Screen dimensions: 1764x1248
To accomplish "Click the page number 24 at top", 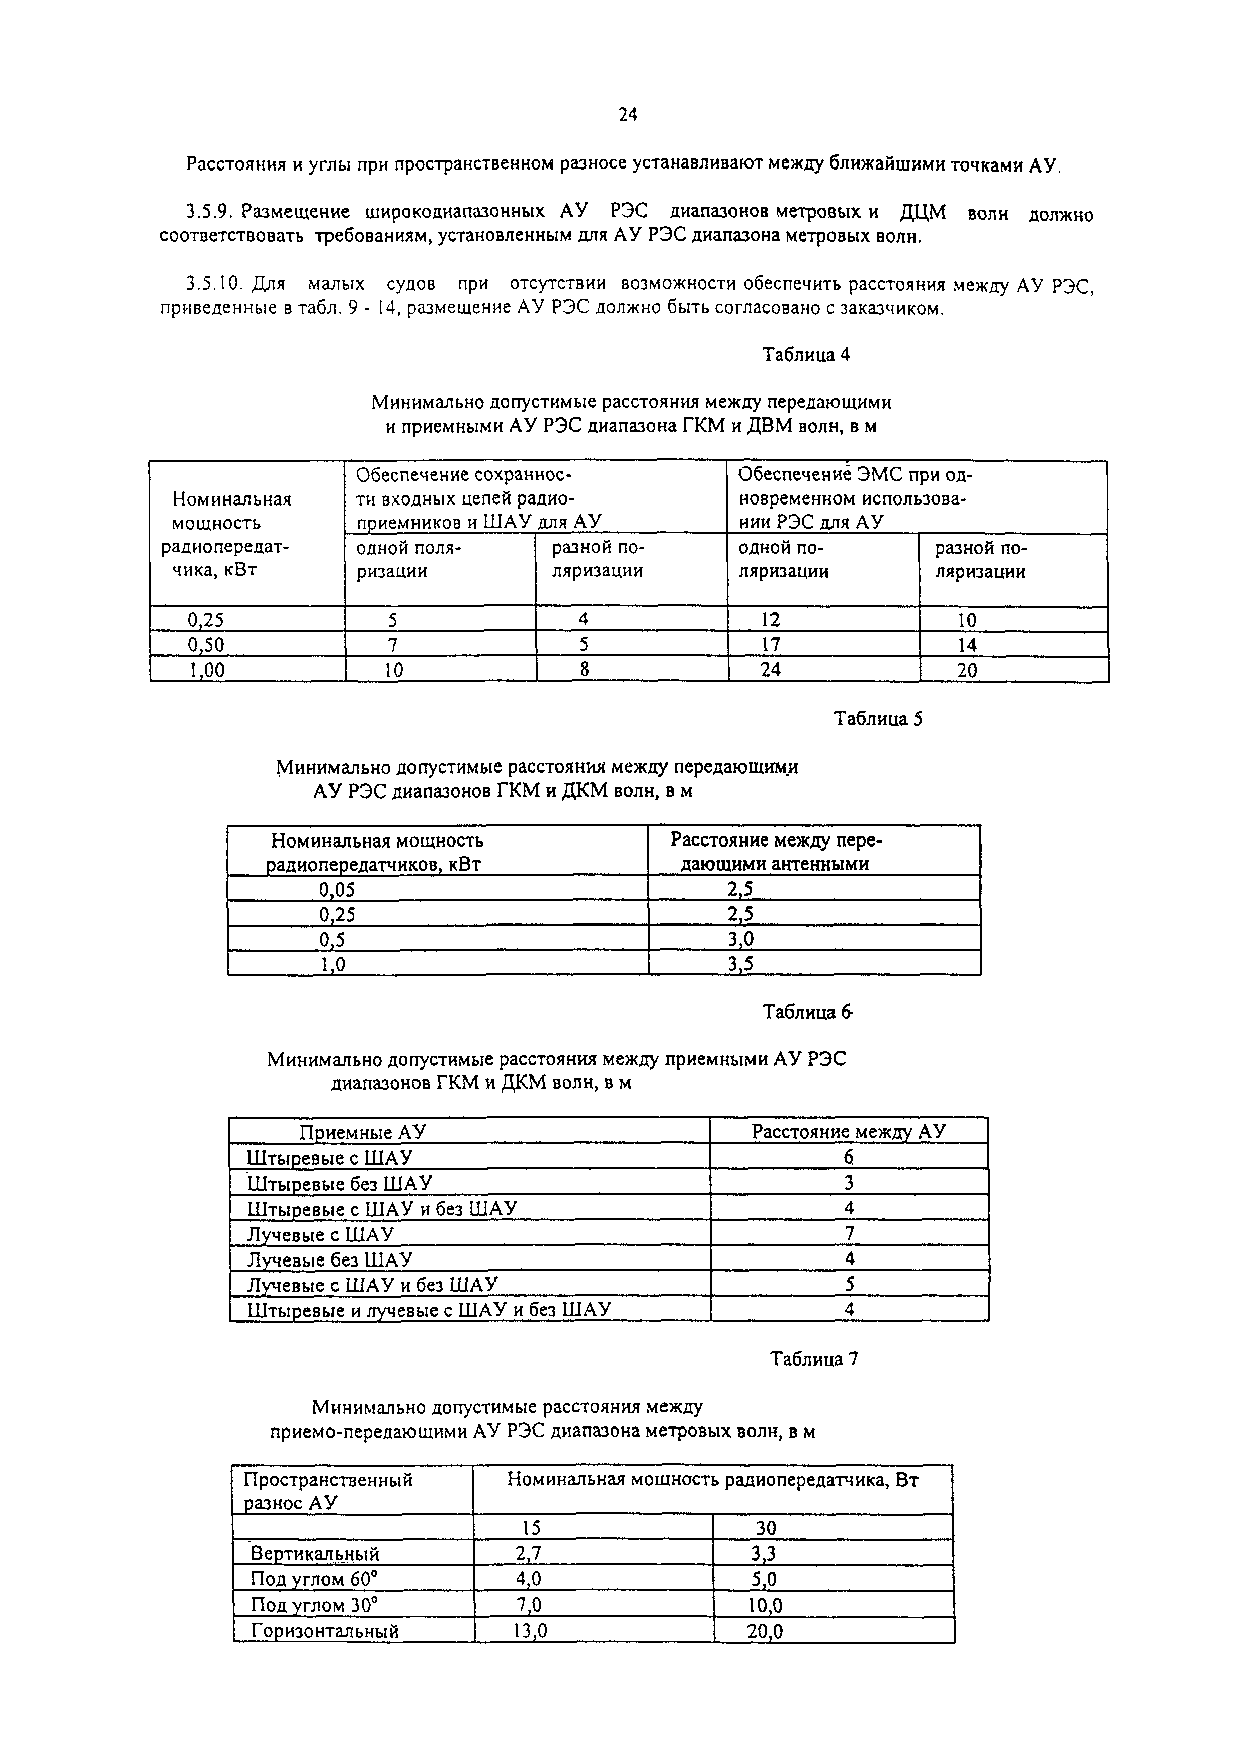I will tap(627, 115).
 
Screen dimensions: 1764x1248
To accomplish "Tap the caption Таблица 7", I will tap(814, 1359).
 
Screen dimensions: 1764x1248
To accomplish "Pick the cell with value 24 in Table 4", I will tap(770, 670).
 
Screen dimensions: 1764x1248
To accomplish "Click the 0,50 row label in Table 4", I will tap(206, 645).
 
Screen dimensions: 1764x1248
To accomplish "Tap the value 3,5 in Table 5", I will tap(741, 963).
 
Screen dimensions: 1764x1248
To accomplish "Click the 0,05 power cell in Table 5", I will tap(338, 889).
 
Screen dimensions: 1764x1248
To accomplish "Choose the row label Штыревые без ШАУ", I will tap(339, 1183).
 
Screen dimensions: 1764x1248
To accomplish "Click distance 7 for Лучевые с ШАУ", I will tap(849, 1233).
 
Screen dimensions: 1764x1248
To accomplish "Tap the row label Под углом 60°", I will tap(315, 1579).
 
